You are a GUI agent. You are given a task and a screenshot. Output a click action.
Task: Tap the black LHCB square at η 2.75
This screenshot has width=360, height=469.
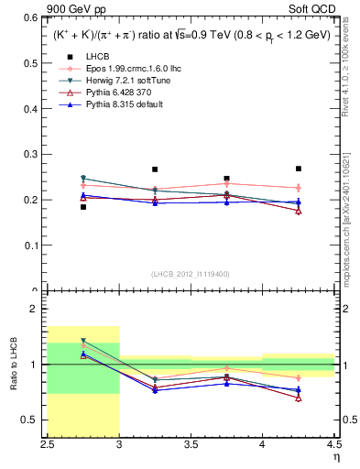pos(83,207)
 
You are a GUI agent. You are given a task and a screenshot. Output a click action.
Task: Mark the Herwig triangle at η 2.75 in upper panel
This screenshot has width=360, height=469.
pos(83,179)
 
